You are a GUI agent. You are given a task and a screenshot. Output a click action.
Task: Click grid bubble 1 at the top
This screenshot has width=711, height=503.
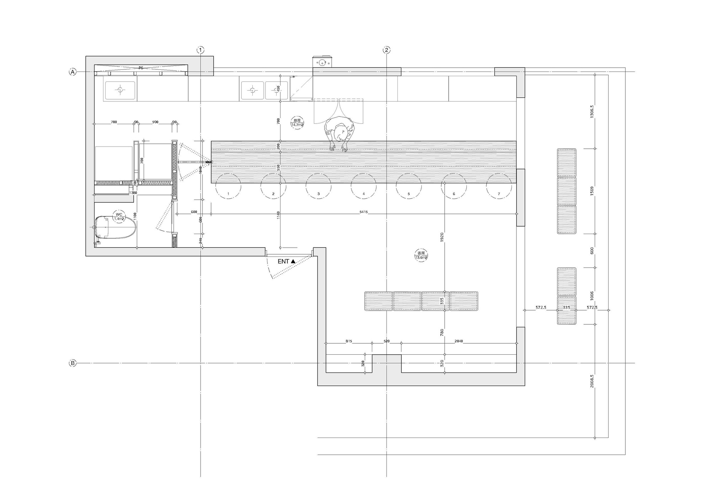(x=201, y=50)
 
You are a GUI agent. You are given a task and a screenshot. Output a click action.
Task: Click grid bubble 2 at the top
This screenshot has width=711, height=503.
(x=386, y=50)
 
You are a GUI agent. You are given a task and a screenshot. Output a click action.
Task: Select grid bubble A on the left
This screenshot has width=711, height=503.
(x=72, y=72)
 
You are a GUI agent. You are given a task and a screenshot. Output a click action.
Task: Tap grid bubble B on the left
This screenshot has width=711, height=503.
(x=72, y=363)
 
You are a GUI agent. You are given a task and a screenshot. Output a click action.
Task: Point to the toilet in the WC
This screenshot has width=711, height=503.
(x=116, y=227)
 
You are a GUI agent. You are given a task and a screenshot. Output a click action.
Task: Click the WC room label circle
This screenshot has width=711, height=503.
(x=119, y=216)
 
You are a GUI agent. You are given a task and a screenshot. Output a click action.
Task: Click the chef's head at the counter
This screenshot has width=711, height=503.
(x=340, y=134)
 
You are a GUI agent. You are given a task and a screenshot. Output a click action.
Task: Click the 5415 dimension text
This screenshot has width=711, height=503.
(x=363, y=212)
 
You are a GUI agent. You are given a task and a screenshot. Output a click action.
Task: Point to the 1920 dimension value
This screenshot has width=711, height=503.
(x=442, y=237)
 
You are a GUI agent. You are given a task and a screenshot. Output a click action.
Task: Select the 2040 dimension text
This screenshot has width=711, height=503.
(x=459, y=341)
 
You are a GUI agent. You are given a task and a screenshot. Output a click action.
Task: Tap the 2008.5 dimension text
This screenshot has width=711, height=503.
(x=592, y=381)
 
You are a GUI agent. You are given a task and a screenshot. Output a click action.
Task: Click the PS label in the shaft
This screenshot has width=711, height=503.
(x=141, y=68)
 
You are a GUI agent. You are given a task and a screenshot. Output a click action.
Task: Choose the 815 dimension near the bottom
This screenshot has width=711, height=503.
(x=349, y=341)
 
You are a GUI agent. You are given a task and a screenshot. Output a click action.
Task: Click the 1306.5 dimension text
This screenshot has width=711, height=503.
(x=592, y=111)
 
